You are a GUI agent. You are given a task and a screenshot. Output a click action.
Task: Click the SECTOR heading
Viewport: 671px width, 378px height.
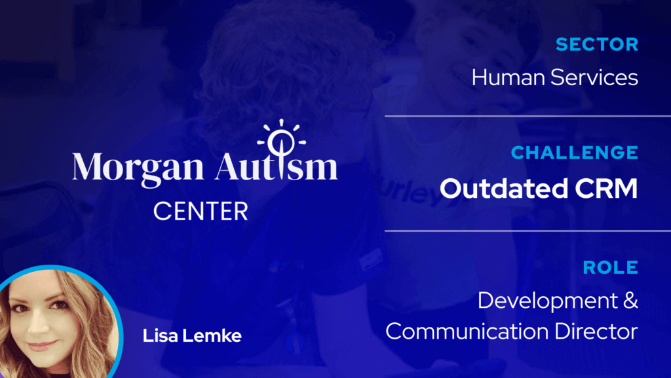tap(597, 45)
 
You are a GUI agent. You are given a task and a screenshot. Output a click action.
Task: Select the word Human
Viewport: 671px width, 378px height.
tap(508, 77)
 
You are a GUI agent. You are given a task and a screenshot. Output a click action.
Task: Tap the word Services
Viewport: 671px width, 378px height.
tap(594, 77)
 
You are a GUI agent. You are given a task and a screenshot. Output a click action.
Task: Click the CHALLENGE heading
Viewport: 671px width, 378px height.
tap(575, 153)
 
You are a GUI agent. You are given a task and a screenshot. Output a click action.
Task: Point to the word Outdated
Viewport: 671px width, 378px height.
tap(504, 188)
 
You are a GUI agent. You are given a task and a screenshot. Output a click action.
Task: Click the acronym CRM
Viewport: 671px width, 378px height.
tap(606, 188)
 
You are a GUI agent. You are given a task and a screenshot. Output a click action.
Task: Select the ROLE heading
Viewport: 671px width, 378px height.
tap(611, 268)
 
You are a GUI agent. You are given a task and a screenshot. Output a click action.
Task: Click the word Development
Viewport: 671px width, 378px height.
tap(548, 301)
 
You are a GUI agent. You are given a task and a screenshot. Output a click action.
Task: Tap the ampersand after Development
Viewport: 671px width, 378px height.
tap(631, 300)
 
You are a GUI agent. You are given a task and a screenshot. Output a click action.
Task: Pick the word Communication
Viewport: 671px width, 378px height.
tap(467, 331)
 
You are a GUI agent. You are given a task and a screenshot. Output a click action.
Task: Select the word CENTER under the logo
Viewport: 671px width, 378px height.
tap(201, 211)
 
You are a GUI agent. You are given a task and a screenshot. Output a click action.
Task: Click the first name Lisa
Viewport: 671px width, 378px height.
tap(160, 335)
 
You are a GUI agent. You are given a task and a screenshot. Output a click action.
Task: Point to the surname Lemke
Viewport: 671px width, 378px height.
tap(212, 335)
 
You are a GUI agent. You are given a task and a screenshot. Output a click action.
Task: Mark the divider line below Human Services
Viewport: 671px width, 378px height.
tap(527, 116)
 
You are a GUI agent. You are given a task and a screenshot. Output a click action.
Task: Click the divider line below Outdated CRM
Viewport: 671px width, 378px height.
tap(527, 231)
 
